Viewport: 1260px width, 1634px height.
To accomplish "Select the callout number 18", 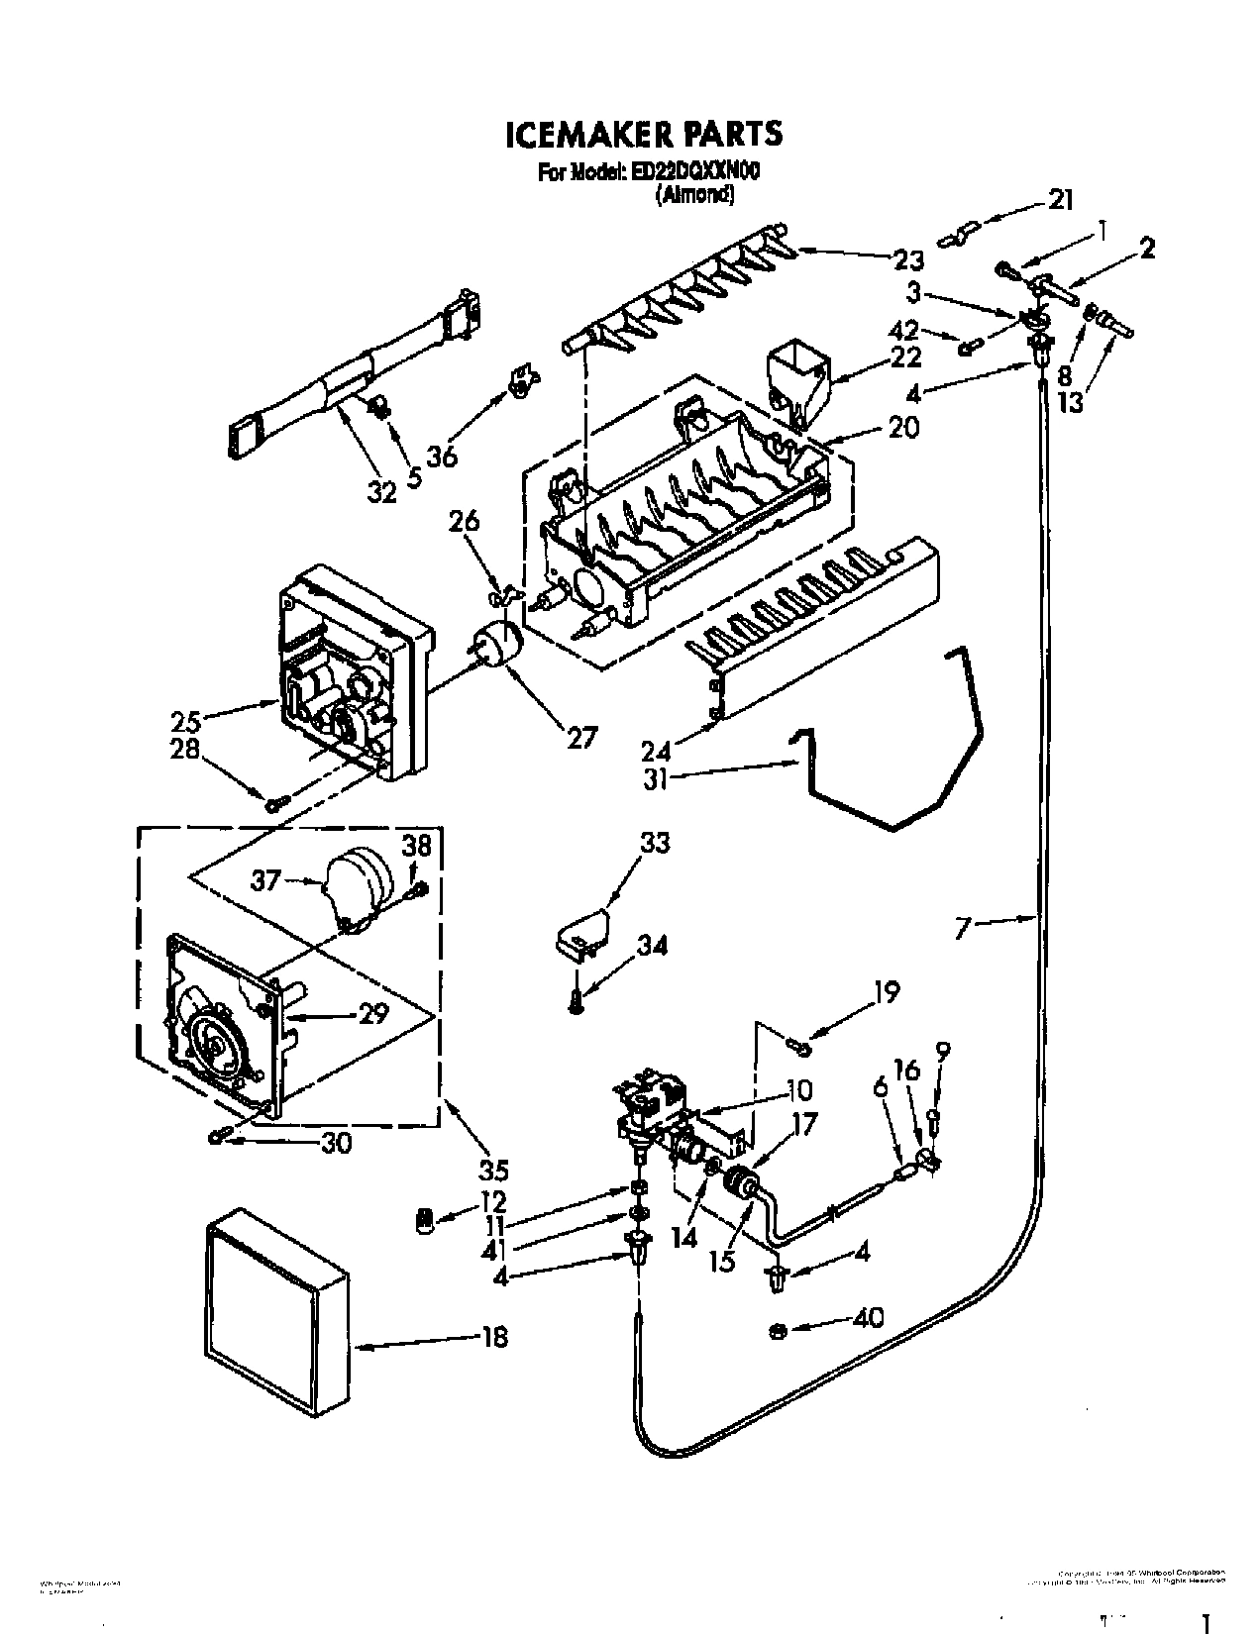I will coord(495,1337).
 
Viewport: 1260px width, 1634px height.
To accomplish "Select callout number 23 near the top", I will coord(907,260).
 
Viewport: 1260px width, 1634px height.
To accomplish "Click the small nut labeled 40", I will coord(778,1330).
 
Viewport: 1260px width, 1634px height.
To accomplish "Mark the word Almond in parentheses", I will coord(694,195).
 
